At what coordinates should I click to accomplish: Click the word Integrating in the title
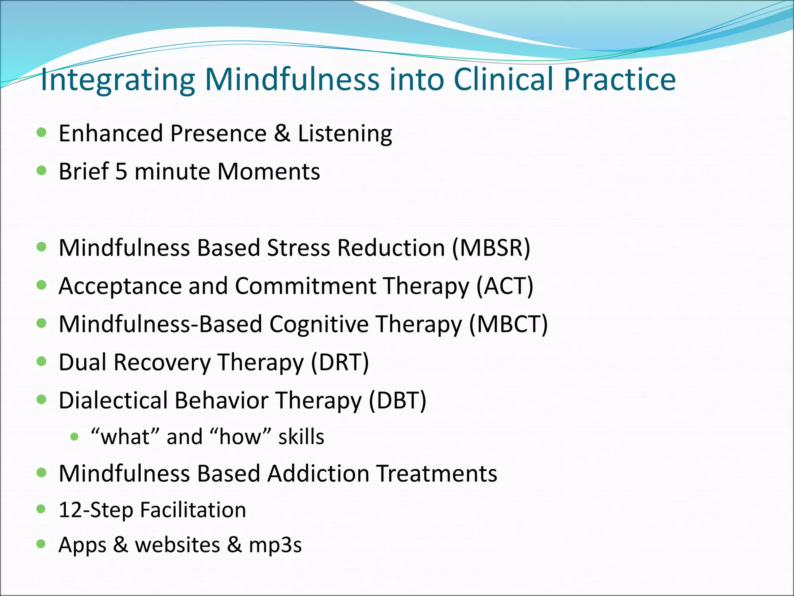[117, 80]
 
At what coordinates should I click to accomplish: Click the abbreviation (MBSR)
[491, 248]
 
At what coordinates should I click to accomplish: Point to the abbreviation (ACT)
[505, 286]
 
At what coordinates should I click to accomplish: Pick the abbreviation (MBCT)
[508, 324]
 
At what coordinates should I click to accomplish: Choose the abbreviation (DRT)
[340, 362]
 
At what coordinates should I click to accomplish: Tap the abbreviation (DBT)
[397, 400]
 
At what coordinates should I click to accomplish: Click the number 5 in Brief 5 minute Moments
[121, 171]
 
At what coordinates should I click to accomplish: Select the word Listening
[345, 133]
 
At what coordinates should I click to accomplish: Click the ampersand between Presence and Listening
[282, 133]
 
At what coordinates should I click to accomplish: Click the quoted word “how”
[240, 437]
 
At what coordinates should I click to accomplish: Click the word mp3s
[275, 545]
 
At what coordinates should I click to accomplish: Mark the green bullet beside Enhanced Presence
[41, 133]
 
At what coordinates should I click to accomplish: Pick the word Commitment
[305, 286]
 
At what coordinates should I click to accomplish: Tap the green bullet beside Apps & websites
[41, 544]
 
